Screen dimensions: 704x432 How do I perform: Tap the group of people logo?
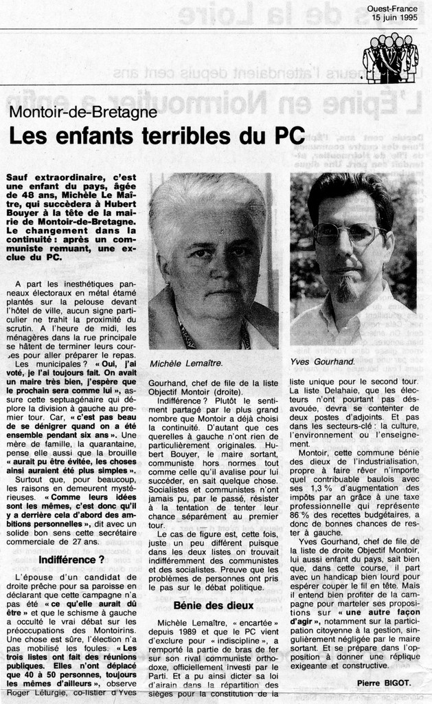tap(390, 58)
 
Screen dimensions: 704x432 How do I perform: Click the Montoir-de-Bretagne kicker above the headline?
tap(83, 112)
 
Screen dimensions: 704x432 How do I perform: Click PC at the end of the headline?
tap(290, 135)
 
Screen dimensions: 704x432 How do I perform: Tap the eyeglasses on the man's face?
tap(348, 235)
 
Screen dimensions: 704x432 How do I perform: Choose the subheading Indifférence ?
tap(71, 560)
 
